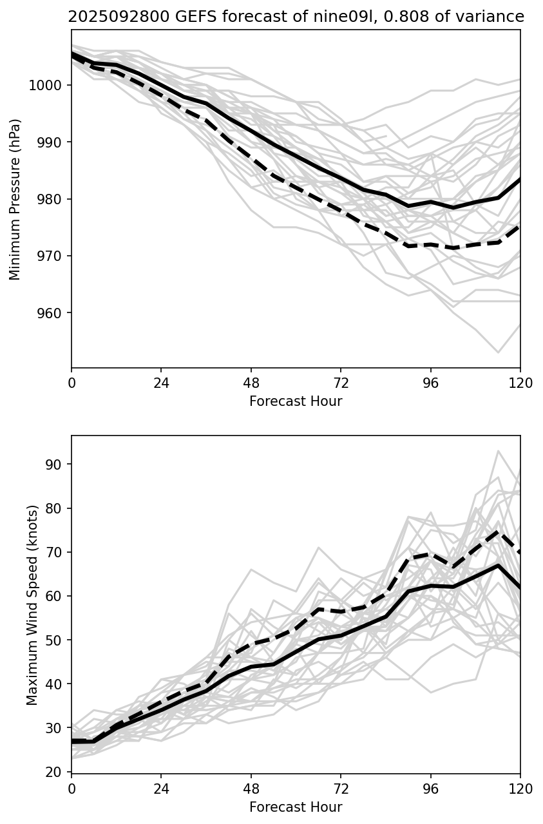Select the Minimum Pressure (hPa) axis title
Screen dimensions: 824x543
(x=15, y=199)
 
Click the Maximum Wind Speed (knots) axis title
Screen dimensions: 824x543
(x=32, y=604)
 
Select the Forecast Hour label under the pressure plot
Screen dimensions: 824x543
(x=296, y=401)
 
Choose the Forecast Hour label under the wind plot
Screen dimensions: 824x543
(x=296, y=807)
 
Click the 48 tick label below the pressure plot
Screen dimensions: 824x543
(x=251, y=383)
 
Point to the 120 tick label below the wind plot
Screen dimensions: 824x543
(x=520, y=789)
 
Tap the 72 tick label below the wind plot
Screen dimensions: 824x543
(x=341, y=789)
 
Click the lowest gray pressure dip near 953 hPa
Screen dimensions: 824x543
(x=498, y=352)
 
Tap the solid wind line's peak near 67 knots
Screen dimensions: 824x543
(x=498, y=565)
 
